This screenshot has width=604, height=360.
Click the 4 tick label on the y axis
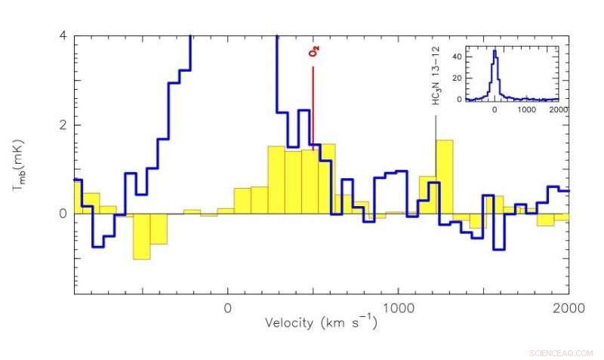pyautogui.click(x=63, y=36)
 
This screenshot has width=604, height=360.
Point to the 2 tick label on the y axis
pyautogui.click(x=63, y=125)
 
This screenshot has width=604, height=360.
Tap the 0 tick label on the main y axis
pyautogui.click(x=63, y=214)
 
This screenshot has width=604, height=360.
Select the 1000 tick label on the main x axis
pyautogui.click(x=398, y=308)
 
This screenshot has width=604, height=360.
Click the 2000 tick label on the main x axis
pyautogui.click(x=568, y=308)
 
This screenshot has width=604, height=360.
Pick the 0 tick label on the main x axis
pyautogui.click(x=227, y=308)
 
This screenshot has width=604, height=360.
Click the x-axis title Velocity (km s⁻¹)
pyautogui.click(x=320, y=323)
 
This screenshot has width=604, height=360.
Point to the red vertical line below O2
pyautogui.click(x=313, y=106)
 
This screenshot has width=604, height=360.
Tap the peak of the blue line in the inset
pyautogui.click(x=495, y=51)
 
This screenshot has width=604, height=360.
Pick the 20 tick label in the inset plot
pyautogui.click(x=458, y=77)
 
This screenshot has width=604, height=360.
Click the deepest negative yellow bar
pyautogui.click(x=141, y=236)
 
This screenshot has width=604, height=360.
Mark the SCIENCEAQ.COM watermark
pyautogui.click(x=562, y=352)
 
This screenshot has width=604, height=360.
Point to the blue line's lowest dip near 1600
pyautogui.click(x=498, y=248)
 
